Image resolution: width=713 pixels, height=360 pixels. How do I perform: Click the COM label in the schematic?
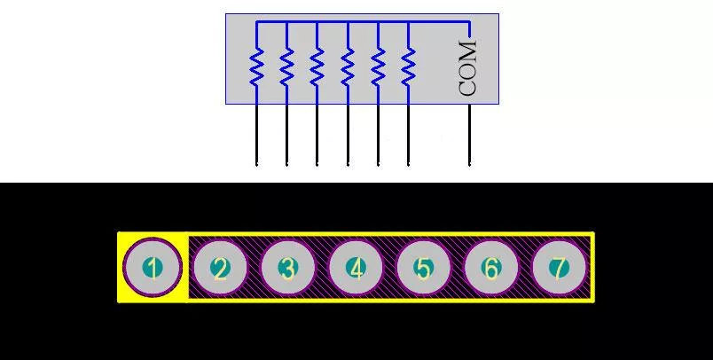468,68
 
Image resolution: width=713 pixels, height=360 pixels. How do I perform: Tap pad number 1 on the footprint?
153,268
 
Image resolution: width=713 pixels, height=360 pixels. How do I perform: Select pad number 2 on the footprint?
221,269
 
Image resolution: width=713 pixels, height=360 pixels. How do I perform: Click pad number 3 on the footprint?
288,268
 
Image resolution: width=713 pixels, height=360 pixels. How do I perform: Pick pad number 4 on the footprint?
356,268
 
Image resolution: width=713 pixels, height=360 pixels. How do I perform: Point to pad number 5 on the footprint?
423,268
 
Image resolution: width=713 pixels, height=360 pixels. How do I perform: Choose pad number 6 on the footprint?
491,268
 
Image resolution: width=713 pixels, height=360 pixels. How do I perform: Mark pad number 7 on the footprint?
560,268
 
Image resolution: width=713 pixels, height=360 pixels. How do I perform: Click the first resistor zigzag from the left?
256,67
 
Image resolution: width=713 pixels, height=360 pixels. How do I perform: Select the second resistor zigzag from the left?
286,67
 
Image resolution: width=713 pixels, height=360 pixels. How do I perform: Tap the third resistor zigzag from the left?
317,67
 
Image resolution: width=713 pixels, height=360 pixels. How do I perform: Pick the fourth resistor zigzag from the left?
348,67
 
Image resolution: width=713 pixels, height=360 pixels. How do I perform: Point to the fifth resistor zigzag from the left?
378,67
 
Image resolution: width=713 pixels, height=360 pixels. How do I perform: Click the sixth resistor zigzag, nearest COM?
408,67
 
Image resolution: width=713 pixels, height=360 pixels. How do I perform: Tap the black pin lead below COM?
470,135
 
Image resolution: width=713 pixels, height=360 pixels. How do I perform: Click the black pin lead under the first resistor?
256,135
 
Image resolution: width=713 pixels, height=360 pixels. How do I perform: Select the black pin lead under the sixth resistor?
408,135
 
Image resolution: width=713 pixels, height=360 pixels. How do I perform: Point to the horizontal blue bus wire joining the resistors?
363,21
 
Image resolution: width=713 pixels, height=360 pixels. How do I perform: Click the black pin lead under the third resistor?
317,135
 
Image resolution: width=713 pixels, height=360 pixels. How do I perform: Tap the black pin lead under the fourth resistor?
348,135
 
